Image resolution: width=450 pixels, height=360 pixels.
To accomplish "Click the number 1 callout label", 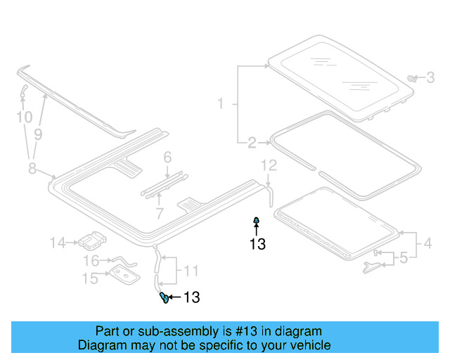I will click(220, 104).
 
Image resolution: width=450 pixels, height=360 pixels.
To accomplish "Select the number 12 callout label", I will click(270, 165).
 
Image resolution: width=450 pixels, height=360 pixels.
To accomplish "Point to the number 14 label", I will click(58, 243).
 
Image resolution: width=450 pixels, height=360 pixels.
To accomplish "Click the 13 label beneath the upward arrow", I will click(257, 244).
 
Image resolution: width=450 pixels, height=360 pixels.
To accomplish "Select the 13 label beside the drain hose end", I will click(191, 298).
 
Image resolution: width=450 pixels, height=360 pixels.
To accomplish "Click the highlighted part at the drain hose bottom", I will click(163, 297).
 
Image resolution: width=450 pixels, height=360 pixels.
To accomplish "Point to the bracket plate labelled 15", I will click(122, 275).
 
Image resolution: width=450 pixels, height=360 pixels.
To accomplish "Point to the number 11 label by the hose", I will click(192, 269).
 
